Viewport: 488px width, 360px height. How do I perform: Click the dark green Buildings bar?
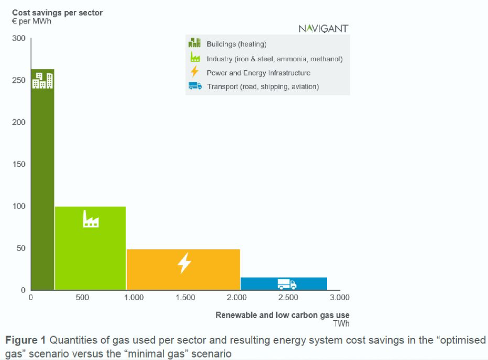tap(43, 180)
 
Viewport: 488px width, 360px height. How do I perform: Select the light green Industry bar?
tap(90, 248)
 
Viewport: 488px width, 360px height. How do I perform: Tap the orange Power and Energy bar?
tap(183, 270)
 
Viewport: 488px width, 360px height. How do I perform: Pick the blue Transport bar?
tap(284, 284)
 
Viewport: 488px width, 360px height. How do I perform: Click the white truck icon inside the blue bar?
tap(287, 284)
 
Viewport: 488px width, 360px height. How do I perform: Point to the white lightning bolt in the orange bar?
tap(184, 263)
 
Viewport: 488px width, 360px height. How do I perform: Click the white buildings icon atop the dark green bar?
tap(43, 81)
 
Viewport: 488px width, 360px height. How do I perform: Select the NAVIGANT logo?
tap(324, 28)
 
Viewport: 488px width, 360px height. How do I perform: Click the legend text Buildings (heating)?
tap(237, 44)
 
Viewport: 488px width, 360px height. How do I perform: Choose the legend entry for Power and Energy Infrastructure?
tap(258, 73)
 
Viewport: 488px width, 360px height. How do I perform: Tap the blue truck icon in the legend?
tap(195, 86)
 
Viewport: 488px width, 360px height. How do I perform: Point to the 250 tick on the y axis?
tap(18, 80)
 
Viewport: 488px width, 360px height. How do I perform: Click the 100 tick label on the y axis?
tap(18, 206)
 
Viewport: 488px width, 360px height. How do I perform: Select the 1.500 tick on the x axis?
tap(185, 298)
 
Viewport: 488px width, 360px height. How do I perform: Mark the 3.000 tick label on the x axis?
tap(339, 298)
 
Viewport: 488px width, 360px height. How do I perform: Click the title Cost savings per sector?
tap(57, 13)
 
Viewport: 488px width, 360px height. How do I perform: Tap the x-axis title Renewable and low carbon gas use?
tap(282, 315)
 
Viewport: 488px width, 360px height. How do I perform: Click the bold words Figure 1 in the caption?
tap(25, 340)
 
